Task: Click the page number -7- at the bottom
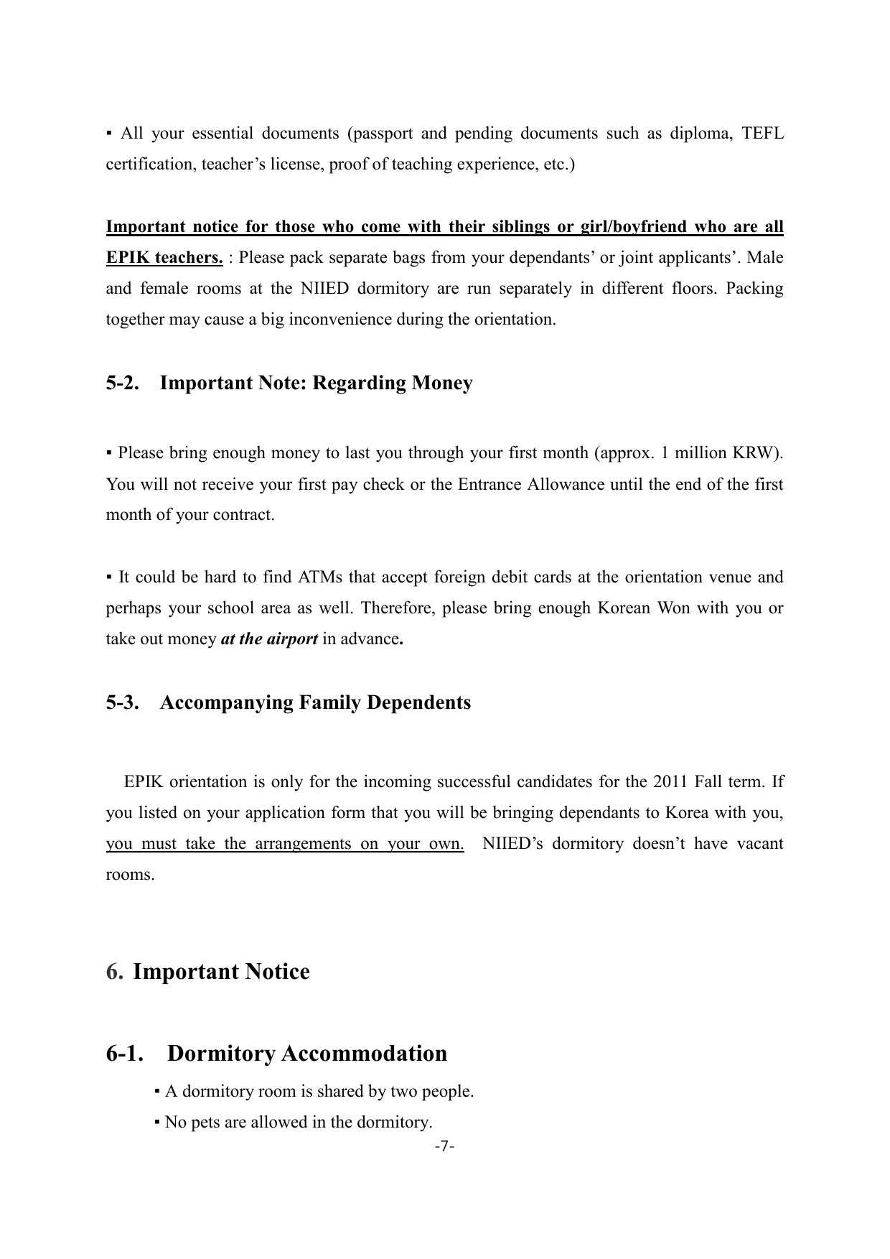point(445,1146)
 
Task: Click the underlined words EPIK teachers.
point(164,257)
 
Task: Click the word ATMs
point(319,577)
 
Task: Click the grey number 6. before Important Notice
point(114,972)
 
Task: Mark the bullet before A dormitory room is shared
point(156,1092)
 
